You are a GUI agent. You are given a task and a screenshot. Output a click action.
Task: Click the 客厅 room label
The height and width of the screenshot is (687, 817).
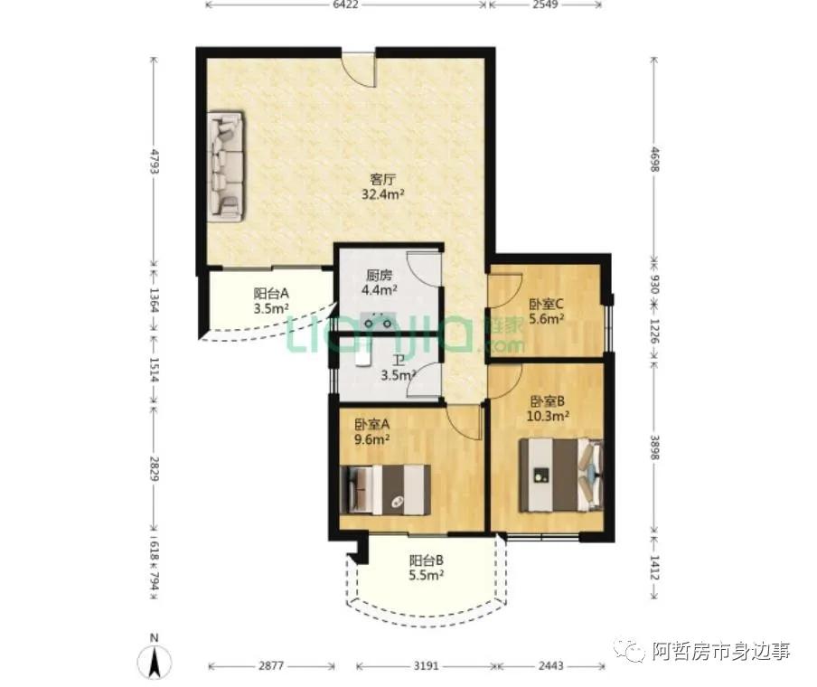tap(382, 180)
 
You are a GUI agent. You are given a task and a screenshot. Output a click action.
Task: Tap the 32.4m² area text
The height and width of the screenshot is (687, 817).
tap(383, 195)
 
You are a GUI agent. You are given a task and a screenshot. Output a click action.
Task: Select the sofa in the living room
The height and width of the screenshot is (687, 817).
tap(226, 166)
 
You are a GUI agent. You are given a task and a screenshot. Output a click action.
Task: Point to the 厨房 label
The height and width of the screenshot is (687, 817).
tap(380, 275)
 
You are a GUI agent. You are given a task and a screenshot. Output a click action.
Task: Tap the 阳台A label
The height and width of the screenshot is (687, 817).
tap(271, 294)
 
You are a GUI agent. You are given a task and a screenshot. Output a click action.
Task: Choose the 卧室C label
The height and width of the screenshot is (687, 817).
tap(546, 304)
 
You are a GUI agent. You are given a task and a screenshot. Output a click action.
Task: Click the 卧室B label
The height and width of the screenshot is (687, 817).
tap(548, 401)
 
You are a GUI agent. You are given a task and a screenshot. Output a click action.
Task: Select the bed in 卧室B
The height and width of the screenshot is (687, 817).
tap(560, 475)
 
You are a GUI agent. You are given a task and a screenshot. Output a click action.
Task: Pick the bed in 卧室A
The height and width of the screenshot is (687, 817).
tap(385, 490)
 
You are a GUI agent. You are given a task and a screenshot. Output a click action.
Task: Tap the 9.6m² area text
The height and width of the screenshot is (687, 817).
tap(372, 439)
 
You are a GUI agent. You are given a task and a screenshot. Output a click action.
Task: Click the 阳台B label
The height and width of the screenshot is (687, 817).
tap(427, 560)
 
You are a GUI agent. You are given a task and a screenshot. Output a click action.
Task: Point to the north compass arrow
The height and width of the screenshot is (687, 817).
tap(155, 662)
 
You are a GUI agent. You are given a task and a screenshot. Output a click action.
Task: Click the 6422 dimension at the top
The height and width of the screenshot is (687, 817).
tap(345, 5)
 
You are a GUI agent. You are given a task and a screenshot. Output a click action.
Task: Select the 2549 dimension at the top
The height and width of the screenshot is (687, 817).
tap(546, 5)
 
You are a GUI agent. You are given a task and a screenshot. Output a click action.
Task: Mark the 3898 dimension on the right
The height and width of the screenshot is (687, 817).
tap(655, 447)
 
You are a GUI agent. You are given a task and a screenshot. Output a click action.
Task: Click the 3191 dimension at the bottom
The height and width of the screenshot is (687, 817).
tap(427, 666)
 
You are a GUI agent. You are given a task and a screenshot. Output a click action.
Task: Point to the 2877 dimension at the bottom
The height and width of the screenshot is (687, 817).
tap(271, 666)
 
